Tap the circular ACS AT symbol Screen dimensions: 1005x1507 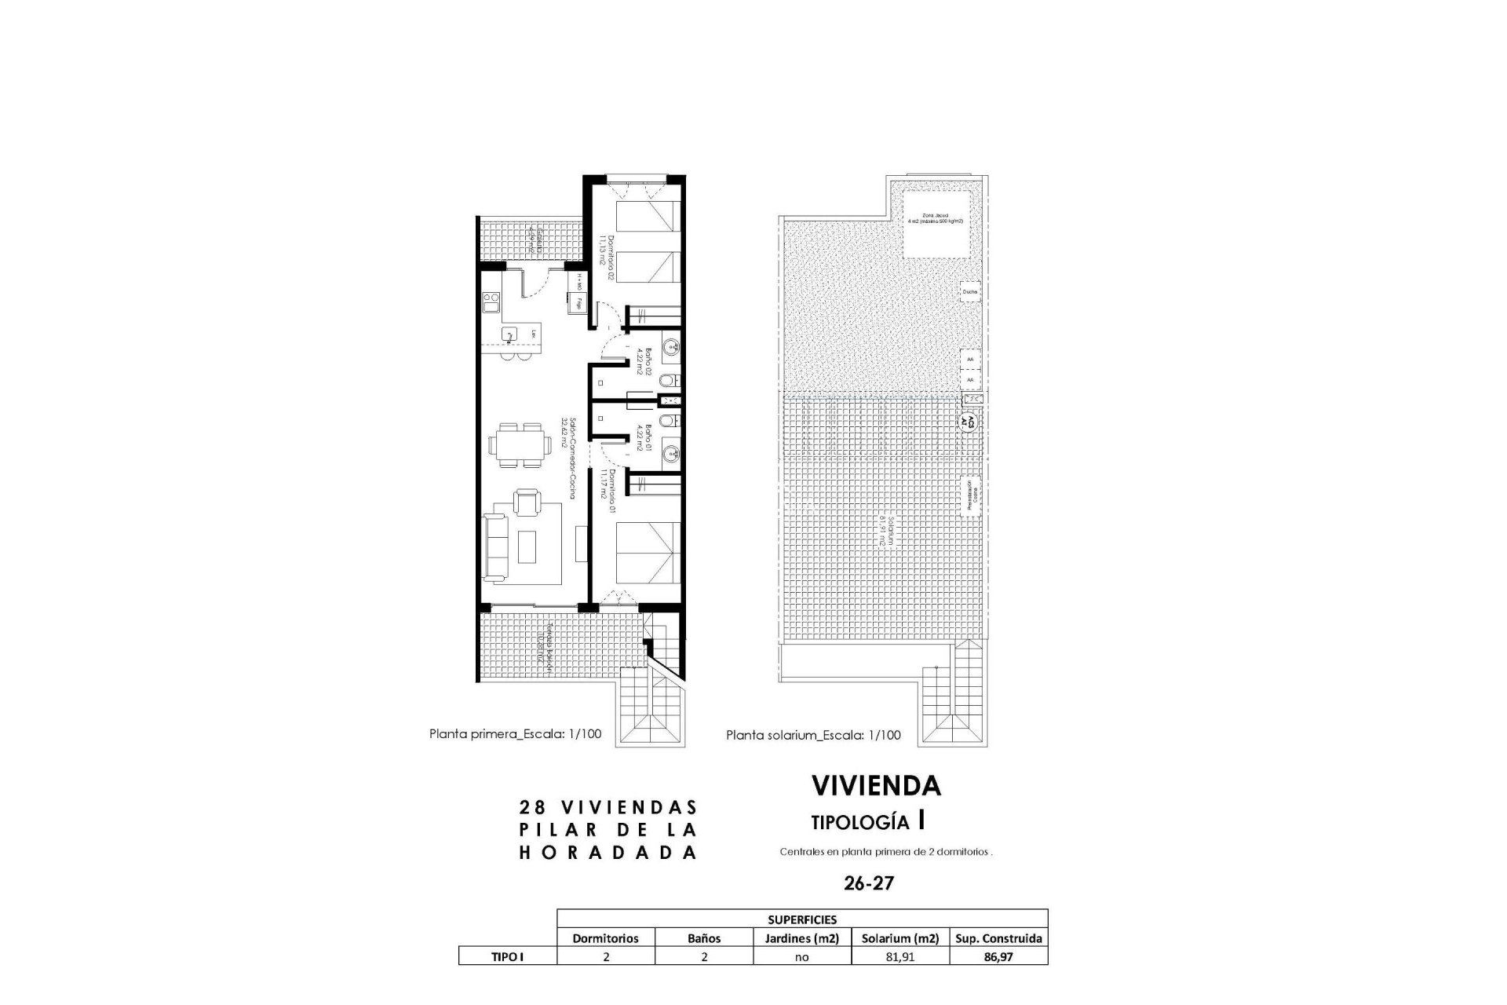[969, 420]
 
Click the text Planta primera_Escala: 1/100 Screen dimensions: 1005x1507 [515, 734]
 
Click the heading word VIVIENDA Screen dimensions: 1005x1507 [876, 785]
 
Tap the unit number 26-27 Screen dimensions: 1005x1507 [869, 883]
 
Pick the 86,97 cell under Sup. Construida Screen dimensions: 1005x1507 [998, 957]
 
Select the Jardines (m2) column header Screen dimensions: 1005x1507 [801, 938]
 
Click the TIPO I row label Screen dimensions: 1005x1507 [507, 957]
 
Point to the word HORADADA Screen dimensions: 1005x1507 [608, 853]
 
